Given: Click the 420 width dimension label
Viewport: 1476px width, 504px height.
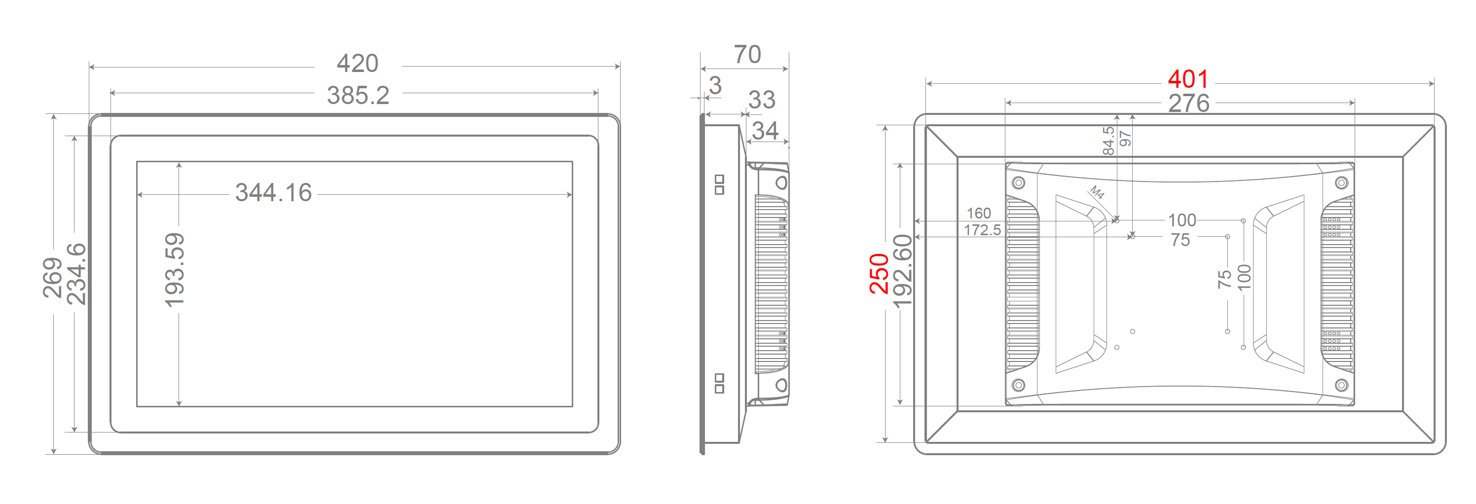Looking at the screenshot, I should click(x=358, y=64).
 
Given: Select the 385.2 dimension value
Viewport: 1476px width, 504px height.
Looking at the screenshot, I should click(x=358, y=96).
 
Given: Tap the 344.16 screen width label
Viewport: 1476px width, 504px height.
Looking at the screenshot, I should click(x=273, y=193).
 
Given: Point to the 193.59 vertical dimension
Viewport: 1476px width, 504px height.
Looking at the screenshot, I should click(x=174, y=270).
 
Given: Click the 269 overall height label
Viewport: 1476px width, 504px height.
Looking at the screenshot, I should click(x=52, y=278).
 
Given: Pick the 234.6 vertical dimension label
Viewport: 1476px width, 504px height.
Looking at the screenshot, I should click(x=76, y=274).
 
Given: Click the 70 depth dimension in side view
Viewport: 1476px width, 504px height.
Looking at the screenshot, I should click(x=747, y=55).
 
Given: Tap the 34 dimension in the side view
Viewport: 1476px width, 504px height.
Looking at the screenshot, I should click(x=765, y=131).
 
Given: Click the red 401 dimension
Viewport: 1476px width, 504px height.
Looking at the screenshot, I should click(x=1188, y=79).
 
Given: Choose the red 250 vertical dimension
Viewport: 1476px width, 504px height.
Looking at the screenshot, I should click(x=879, y=274).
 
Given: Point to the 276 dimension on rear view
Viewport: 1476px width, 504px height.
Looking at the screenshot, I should click(x=1188, y=104).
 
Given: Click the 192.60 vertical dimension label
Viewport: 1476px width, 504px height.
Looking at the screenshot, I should click(x=903, y=271).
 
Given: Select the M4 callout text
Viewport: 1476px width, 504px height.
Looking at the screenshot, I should click(x=1097, y=192).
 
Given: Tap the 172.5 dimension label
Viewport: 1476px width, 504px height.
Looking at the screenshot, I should click(x=982, y=230).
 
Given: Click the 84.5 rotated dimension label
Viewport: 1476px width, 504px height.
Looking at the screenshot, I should click(x=1108, y=141).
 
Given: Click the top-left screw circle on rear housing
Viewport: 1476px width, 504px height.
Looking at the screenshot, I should click(x=1018, y=182).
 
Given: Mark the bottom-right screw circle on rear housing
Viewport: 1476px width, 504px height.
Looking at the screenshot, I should click(x=1341, y=385).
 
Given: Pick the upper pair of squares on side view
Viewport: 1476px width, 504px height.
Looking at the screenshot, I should click(x=720, y=184).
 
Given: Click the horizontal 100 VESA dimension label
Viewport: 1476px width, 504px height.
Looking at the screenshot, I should click(x=1181, y=220).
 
